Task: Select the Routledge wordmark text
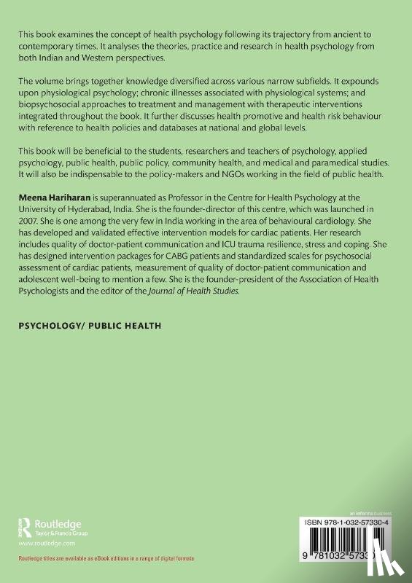[57, 522]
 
